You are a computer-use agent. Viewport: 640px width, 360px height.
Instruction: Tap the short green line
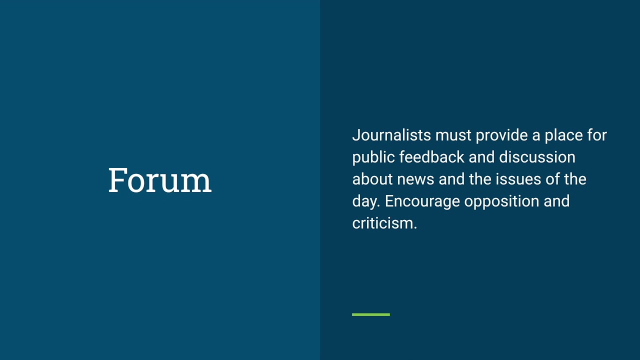pos(370,314)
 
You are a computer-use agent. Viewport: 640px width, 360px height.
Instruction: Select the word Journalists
pos(391,135)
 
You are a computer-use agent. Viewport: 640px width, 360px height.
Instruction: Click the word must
pos(453,135)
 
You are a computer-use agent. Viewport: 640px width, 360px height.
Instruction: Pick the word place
pos(562,135)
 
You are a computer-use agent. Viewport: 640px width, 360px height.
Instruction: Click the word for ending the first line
pos(596,135)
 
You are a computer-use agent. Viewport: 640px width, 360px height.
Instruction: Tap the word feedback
pos(432,157)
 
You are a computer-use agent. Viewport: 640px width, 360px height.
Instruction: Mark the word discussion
pos(537,157)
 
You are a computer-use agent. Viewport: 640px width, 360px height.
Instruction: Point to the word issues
pos(517,179)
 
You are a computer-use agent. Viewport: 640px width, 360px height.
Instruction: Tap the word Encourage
pos(422,201)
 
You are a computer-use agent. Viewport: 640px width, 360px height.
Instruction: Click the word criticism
pos(384,223)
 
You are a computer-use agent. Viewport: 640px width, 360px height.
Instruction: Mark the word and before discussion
pos(481,157)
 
